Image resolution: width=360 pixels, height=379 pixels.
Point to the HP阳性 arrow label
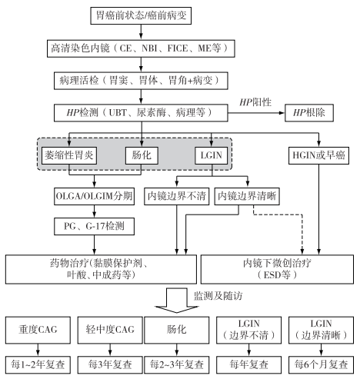(256, 101)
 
